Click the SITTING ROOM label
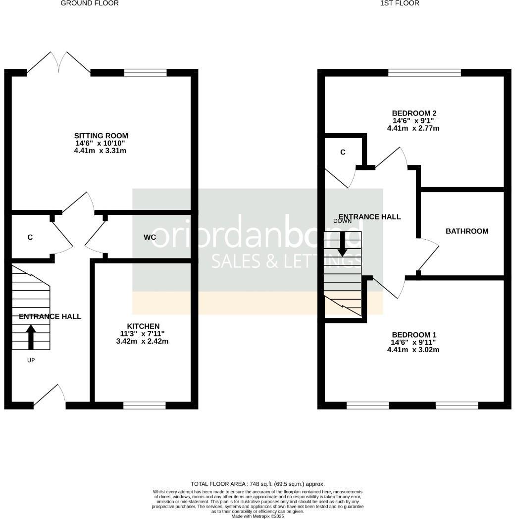click(x=101, y=136)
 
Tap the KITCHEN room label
click(x=144, y=326)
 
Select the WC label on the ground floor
click(x=150, y=237)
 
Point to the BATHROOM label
click(x=467, y=231)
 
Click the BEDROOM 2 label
click(x=413, y=113)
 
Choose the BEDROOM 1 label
click(x=413, y=335)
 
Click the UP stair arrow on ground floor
click(x=31, y=336)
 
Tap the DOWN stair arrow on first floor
click(x=342, y=244)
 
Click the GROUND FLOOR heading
click(x=90, y=3)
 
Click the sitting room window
click(x=146, y=73)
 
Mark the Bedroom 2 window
click(x=424, y=73)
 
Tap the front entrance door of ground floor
click(x=50, y=396)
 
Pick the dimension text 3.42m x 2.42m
click(x=144, y=341)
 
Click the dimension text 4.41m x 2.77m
click(x=413, y=128)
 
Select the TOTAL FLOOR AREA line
click(x=257, y=484)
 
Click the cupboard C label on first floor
click(x=343, y=152)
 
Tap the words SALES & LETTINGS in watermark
click(x=286, y=261)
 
